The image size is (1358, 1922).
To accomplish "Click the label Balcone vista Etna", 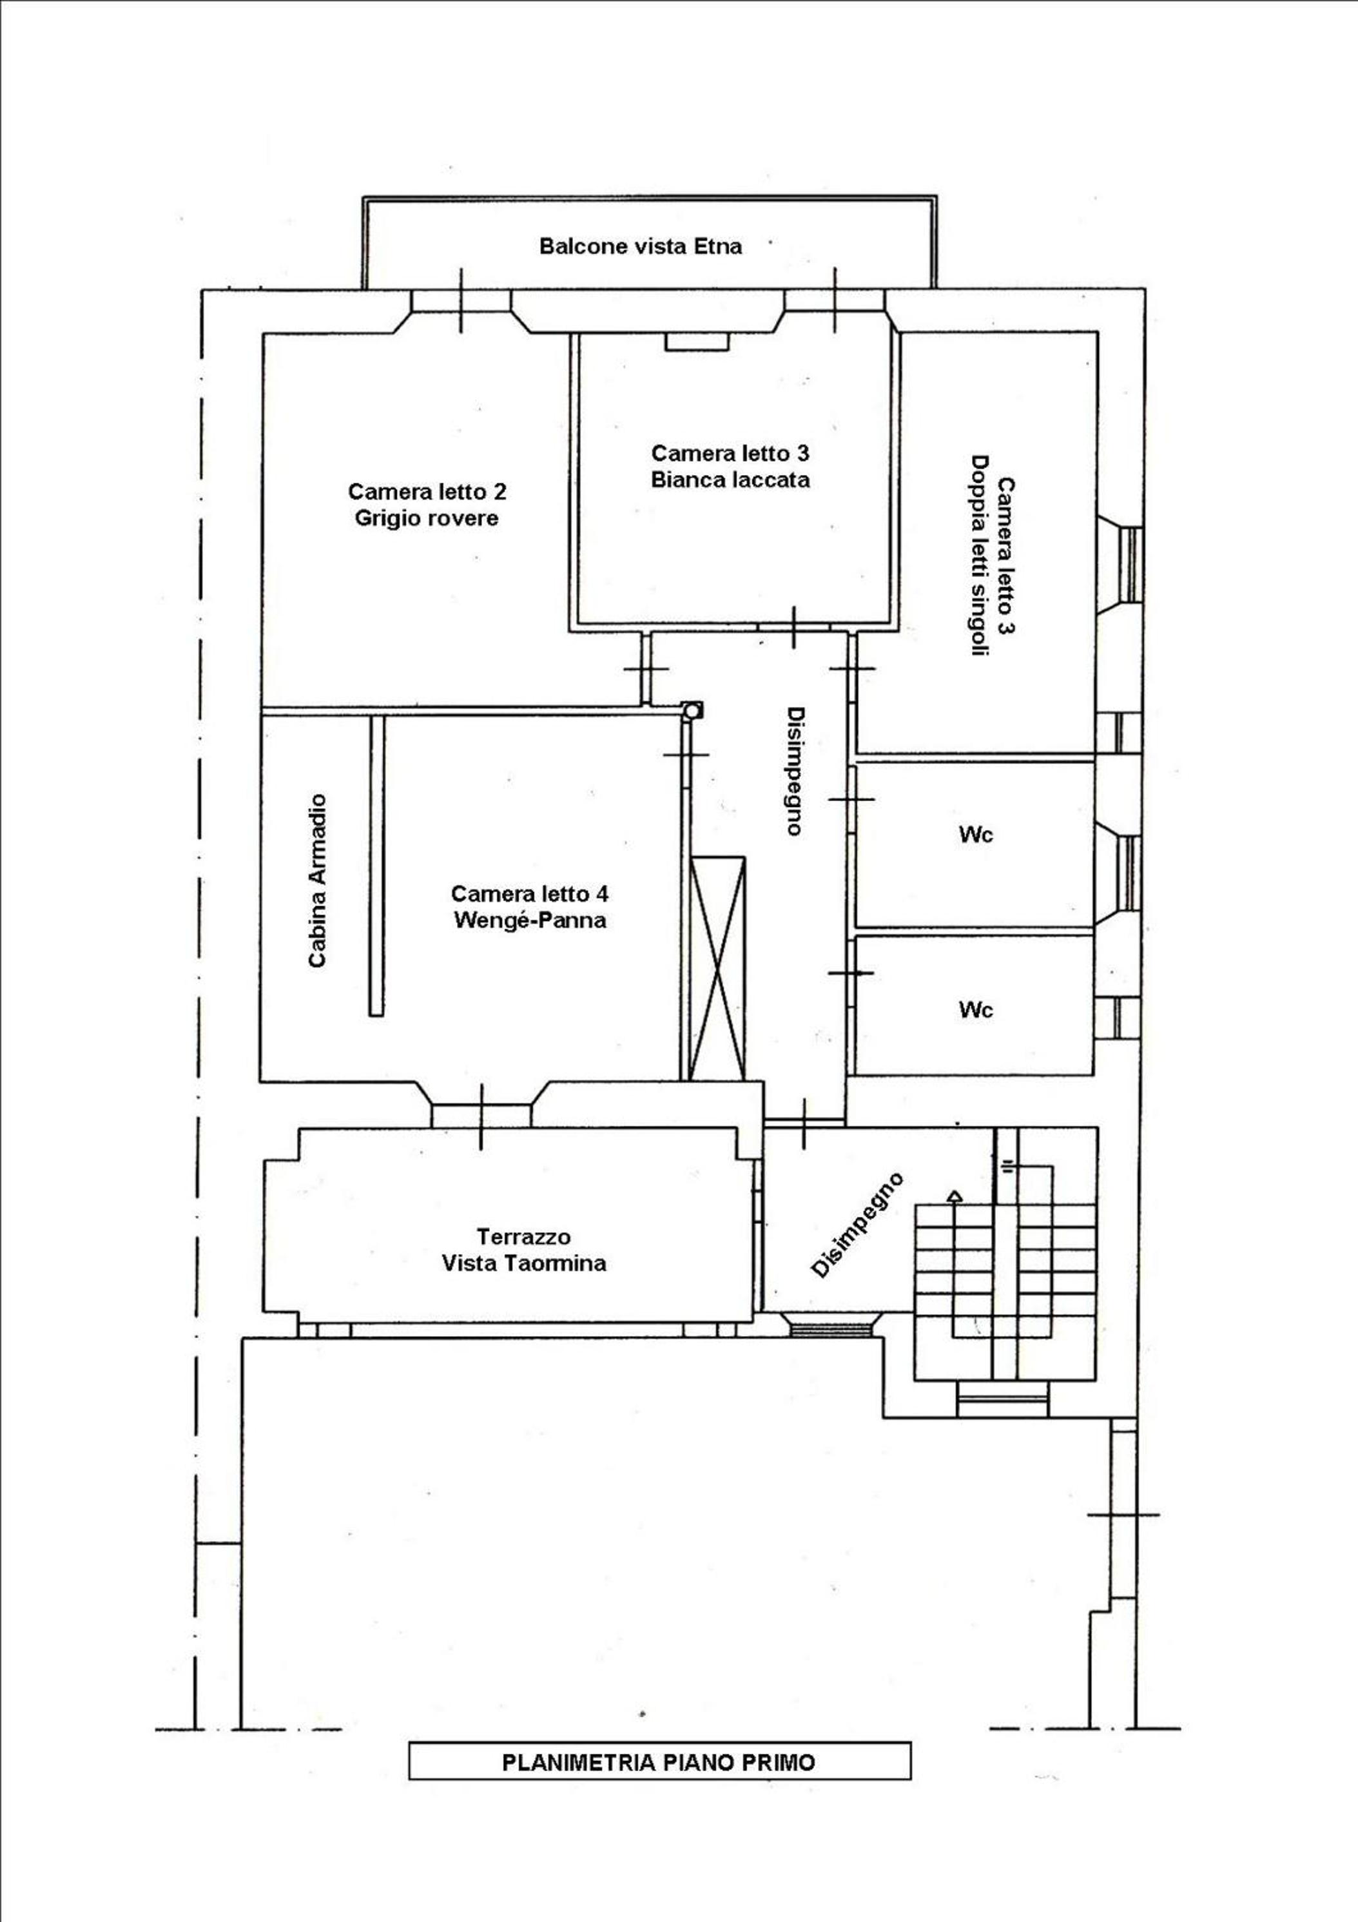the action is [641, 246].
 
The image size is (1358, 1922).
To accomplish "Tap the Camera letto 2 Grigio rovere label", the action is [427, 505].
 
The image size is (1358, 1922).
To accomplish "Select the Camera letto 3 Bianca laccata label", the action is [730, 466].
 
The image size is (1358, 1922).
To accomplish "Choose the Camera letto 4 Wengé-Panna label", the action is [529, 908].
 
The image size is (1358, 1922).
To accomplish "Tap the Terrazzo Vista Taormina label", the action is [524, 1250].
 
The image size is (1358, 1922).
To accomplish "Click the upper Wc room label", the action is [975, 835].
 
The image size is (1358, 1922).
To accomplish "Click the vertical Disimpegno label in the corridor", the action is [795, 771].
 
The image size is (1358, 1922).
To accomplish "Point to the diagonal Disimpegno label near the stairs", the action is [857, 1225].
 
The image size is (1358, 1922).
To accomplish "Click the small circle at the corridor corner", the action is [692, 712].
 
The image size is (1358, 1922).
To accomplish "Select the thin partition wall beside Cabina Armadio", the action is [378, 865].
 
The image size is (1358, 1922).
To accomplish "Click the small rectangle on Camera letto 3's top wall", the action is [697, 342].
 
